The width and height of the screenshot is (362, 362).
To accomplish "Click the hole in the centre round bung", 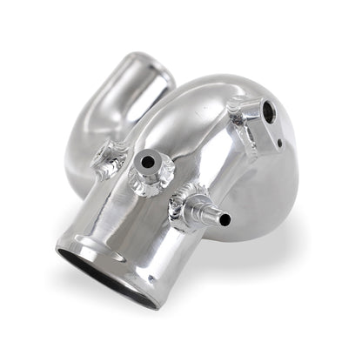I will pyautogui.click(x=150, y=163).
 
